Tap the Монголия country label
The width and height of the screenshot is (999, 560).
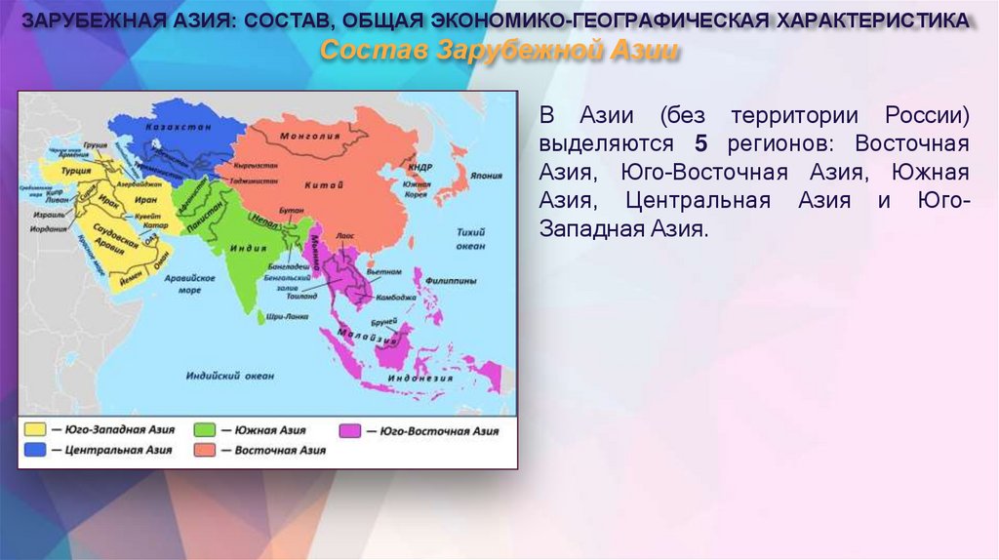[x=302, y=136]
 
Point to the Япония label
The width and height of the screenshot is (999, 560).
[x=485, y=177]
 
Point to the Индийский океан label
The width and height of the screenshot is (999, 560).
[x=223, y=373]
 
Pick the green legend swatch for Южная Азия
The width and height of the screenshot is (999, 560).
[x=205, y=429]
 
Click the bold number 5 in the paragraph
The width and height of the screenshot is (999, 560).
[x=699, y=143]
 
